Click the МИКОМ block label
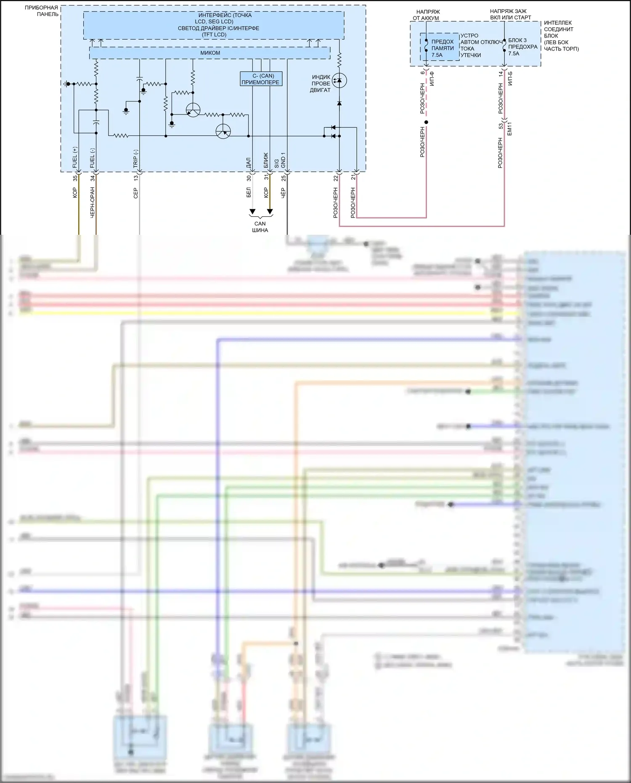(x=210, y=53)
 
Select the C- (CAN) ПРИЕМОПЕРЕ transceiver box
(x=260, y=79)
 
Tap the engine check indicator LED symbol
(x=339, y=80)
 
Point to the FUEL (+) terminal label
(x=75, y=157)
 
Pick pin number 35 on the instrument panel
(x=75, y=178)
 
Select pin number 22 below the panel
(x=336, y=178)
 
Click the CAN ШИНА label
(x=260, y=227)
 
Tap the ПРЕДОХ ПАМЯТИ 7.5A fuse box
(x=440, y=48)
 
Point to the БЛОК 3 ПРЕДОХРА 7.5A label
(x=522, y=47)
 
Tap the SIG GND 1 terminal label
(x=280, y=160)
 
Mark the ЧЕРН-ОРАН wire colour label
(x=93, y=202)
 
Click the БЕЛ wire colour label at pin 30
(x=249, y=193)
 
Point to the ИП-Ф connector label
(x=432, y=79)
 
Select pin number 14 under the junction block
(x=501, y=74)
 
